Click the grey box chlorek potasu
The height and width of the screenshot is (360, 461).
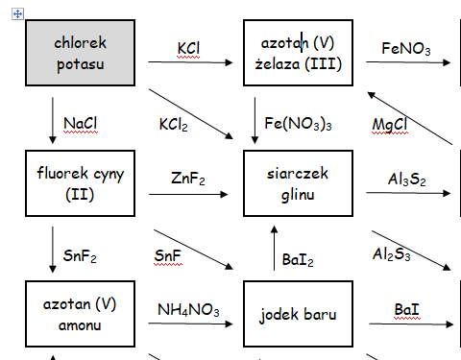click(80, 54)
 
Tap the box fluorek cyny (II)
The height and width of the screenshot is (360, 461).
click(80, 181)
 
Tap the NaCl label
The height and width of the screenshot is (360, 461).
click(81, 123)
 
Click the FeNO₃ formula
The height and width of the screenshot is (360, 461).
click(405, 48)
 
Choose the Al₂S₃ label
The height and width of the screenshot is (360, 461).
click(392, 254)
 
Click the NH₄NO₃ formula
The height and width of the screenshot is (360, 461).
click(189, 310)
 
